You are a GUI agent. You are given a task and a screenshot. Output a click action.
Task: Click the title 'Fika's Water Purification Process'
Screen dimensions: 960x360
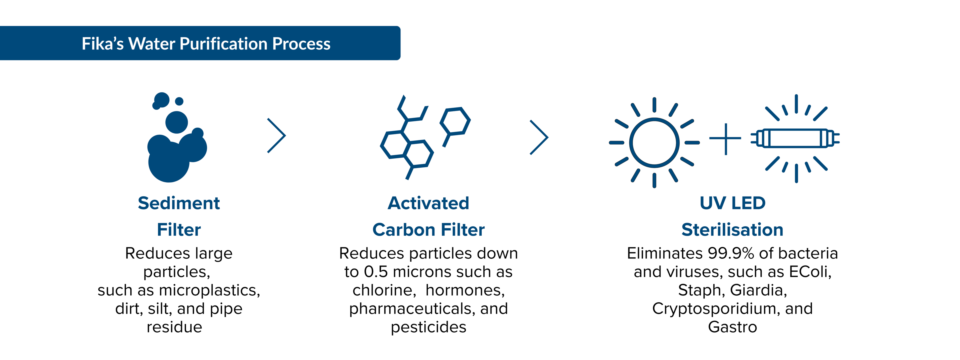[206, 43]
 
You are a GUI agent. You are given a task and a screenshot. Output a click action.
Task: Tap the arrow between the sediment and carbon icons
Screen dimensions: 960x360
[276, 136]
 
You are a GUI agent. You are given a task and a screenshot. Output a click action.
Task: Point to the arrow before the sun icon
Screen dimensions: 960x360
[539, 137]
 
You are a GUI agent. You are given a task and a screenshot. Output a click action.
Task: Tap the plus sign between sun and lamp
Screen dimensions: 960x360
[725, 139]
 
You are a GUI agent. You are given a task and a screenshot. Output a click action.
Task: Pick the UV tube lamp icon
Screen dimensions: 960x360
[795, 138]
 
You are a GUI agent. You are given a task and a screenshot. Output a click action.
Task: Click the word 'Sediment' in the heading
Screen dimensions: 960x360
[179, 203]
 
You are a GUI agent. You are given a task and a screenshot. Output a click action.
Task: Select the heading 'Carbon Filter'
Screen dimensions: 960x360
[428, 229]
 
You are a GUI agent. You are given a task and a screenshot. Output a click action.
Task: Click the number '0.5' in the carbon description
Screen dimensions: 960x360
[376, 272]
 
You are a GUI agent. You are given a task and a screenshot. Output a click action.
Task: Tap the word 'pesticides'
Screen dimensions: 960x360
[428, 327]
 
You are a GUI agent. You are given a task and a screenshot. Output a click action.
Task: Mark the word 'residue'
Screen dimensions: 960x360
[174, 327]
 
